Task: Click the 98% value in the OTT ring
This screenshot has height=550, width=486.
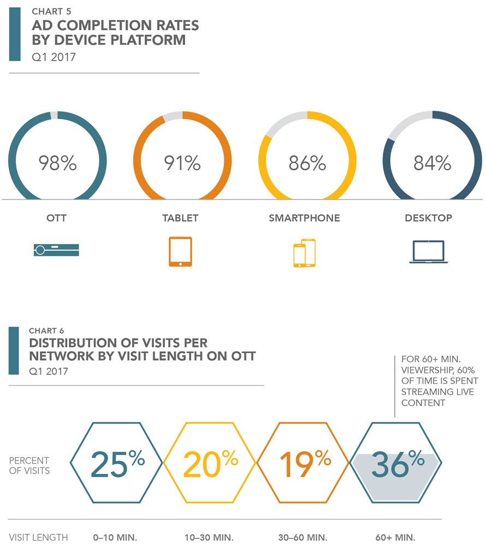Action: [x=57, y=163]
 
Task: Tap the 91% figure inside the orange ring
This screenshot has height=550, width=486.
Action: [x=182, y=163]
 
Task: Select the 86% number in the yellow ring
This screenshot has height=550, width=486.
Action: [x=307, y=163]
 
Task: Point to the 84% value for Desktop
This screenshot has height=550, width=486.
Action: [x=432, y=163]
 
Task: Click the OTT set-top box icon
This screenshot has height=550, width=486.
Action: [x=56, y=250]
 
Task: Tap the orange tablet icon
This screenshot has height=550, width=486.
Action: [x=180, y=251]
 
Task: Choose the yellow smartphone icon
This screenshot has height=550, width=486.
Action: [x=304, y=253]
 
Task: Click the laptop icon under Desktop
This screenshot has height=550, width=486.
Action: [x=429, y=252]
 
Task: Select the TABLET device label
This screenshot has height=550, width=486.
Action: [x=180, y=218]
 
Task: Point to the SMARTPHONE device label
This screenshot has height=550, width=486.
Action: [x=304, y=218]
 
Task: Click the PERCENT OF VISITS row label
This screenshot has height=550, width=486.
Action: [x=29, y=465]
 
